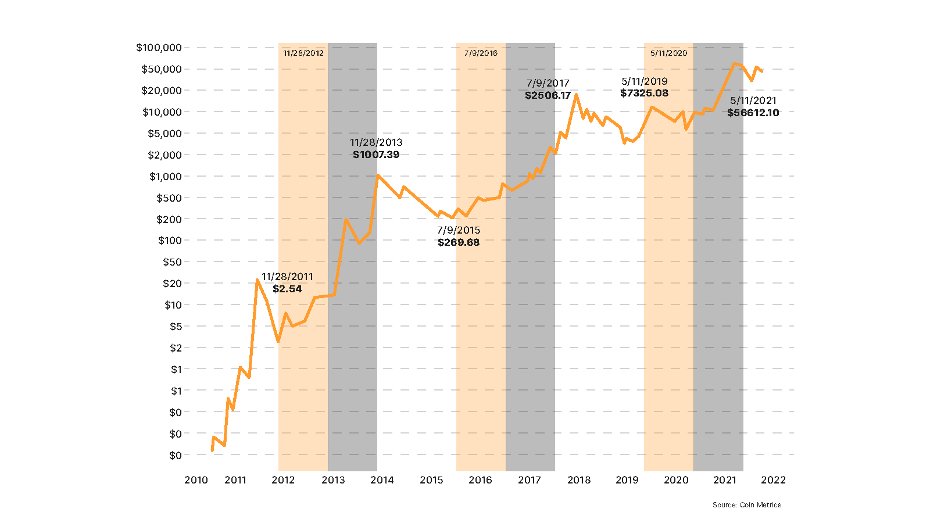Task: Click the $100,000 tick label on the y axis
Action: coord(159,48)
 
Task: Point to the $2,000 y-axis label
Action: coord(164,155)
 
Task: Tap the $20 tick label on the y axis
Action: coord(172,284)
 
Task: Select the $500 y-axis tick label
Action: coord(169,198)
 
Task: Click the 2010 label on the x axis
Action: coord(196,480)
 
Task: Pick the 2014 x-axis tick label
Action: coord(382,480)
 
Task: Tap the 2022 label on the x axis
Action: coord(773,480)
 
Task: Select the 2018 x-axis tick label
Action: coord(579,480)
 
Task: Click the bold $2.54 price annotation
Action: coord(287,289)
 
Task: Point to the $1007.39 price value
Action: coord(376,155)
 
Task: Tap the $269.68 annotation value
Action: coord(459,242)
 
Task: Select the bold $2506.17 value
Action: coord(548,95)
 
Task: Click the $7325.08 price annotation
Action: coord(644,93)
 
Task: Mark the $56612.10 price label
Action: coord(753,113)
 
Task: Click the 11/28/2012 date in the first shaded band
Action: coord(303,53)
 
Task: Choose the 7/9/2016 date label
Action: coord(481,53)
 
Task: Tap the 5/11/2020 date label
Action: coord(668,53)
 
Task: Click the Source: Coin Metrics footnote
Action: coord(747,505)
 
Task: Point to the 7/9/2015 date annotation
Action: coord(459,230)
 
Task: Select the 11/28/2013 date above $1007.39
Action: coord(376,142)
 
